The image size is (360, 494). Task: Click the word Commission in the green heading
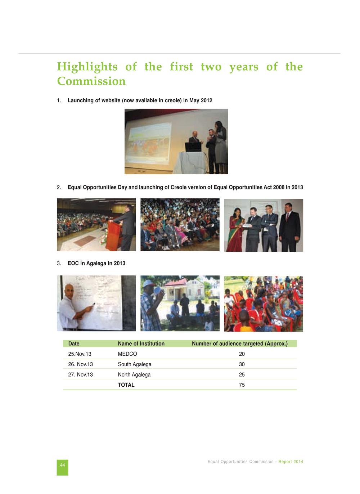(91, 81)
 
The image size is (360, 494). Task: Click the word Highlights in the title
(87, 67)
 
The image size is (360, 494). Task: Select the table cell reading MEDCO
(127, 354)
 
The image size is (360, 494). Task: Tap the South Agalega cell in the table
(135, 364)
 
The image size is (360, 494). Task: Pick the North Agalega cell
(134, 374)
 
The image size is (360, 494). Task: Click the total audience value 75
(242, 385)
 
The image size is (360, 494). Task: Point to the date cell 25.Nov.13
(80, 354)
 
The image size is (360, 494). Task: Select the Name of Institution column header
(141, 343)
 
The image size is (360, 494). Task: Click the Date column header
(74, 343)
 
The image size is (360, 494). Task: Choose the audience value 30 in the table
(242, 364)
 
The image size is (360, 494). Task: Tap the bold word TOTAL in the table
(126, 385)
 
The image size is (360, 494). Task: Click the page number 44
(62, 465)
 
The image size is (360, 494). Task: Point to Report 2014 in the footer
(291, 462)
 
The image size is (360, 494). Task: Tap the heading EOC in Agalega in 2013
(96, 263)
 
